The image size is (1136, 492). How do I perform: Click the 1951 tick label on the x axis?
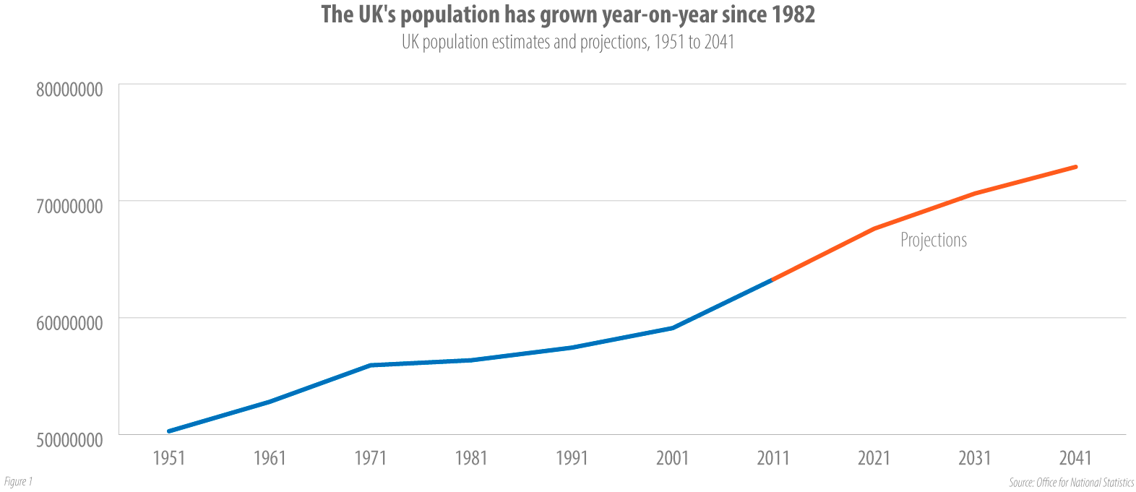[x=168, y=458]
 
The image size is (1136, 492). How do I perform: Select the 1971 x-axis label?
[x=370, y=458]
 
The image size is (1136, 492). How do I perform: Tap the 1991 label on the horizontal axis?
[x=572, y=458]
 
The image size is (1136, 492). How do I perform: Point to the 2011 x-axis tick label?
[x=773, y=458]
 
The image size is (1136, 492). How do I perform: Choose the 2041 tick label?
[x=1075, y=458]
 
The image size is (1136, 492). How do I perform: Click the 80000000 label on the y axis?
[x=69, y=90]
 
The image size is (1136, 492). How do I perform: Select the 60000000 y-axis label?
[x=69, y=323]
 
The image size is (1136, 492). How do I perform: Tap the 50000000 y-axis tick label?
[x=69, y=440]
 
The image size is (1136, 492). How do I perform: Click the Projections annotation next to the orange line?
[x=933, y=240]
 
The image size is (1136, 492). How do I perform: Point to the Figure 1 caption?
[x=18, y=481]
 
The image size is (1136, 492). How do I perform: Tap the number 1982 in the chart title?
[x=793, y=14]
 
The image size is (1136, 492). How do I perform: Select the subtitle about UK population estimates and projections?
[x=568, y=42]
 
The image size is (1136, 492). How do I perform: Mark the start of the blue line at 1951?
[x=169, y=431]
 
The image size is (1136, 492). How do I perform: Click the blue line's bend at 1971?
[x=370, y=365]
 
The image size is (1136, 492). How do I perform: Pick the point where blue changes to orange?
[x=773, y=280]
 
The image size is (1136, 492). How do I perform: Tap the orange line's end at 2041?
[x=1075, y=167]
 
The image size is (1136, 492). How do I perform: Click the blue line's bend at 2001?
[x=673, y=328]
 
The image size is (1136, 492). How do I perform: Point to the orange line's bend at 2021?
[x=874, y=228]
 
